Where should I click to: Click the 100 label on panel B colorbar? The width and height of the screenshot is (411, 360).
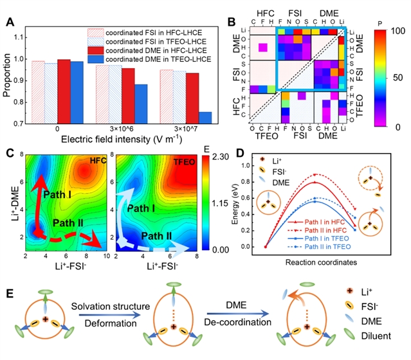pos(395,32)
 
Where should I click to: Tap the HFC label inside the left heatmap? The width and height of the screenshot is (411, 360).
pos(98,160)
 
